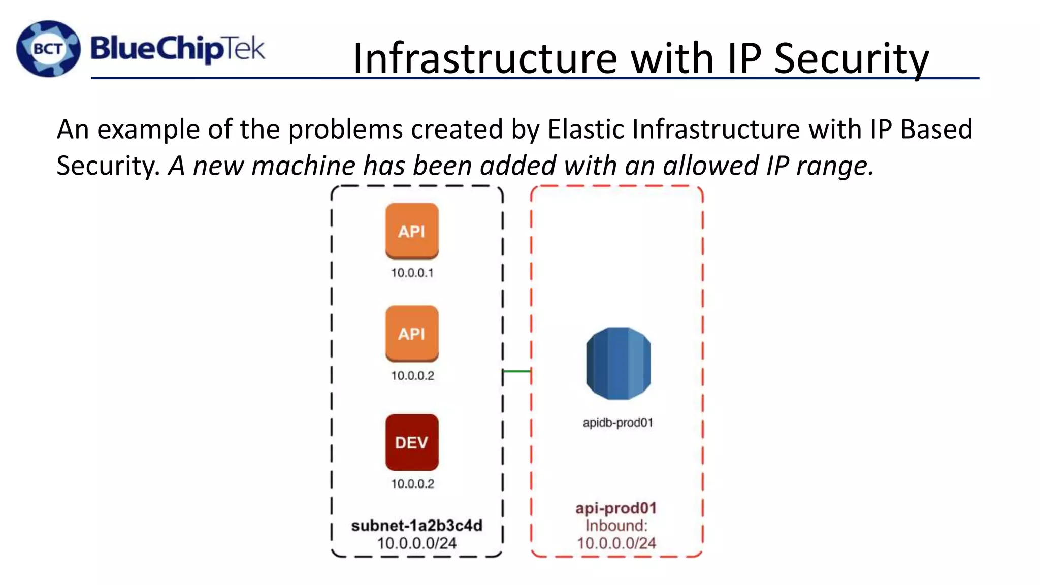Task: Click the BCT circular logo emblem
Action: tap(48, 49)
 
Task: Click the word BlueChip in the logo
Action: tap(156, 49)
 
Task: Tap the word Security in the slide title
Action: tap(851, 58)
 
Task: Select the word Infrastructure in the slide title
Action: tap(485, 58)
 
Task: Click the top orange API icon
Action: tap(412, 231)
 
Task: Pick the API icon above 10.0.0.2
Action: tap(412, 334)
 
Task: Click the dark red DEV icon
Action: tap(412, 442)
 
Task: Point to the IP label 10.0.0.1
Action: tap(412, 273)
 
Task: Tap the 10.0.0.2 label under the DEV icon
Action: tap(412, 484)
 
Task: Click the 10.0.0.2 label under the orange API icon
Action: tap(412, 376)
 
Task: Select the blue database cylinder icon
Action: tap(618, 363)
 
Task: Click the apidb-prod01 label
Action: tap(617, 422)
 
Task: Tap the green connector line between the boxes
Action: tap(516, 371)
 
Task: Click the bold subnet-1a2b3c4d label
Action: tap(416, 526)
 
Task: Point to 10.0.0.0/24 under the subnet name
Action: tap(416, 543)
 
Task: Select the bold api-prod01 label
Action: tap(616, 508)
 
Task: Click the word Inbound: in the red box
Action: tap(616, 526)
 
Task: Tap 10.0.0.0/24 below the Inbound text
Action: tap(616, 543)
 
